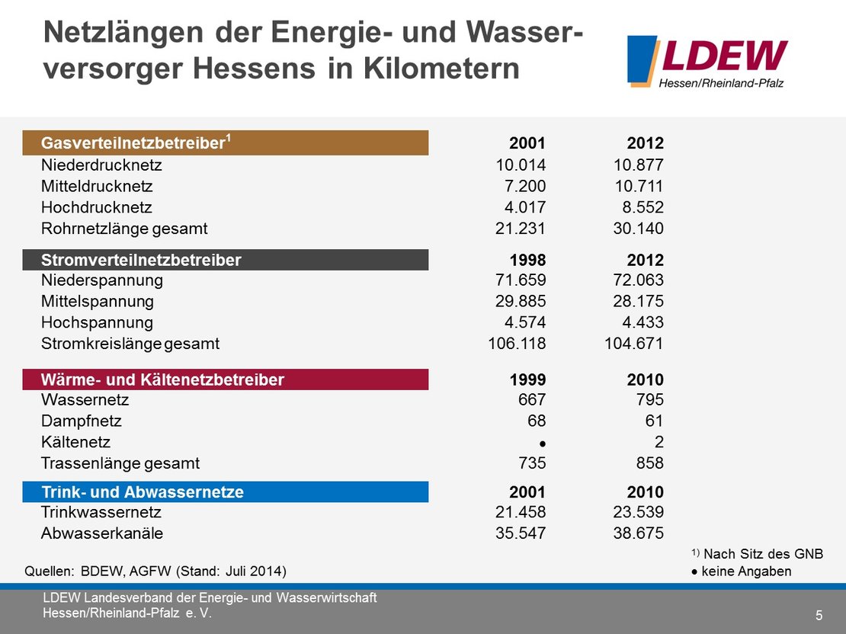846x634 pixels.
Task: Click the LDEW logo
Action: tap(707, 61)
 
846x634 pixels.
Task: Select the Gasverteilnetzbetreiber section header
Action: tap(226, 143)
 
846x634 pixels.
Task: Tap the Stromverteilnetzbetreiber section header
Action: tap(226, 260)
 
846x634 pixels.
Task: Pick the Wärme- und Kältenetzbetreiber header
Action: tap(226, 379)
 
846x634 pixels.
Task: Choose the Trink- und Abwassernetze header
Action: tap(226, 492)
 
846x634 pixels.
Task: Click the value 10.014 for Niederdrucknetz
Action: tap(521, 165)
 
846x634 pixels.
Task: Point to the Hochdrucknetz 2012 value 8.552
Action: tap(639, 207)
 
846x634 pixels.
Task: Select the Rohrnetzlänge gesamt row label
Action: tap(124, 229)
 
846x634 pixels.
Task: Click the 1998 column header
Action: tap(527, 260)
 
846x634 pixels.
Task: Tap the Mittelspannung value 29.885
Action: tap(521, 301)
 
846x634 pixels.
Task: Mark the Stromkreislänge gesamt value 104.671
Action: tap(630, 344)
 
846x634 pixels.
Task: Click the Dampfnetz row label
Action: tap(82, 421)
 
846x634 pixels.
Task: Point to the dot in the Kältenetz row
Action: tap(542, 443)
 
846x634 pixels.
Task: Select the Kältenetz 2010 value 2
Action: tap(659, 442)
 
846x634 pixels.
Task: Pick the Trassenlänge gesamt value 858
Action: tap(649, 463)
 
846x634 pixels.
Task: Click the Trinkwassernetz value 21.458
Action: tap(521, 513)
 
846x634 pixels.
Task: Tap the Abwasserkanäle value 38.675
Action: tap(639, 533)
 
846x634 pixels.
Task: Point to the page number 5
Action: tap(819, 615)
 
